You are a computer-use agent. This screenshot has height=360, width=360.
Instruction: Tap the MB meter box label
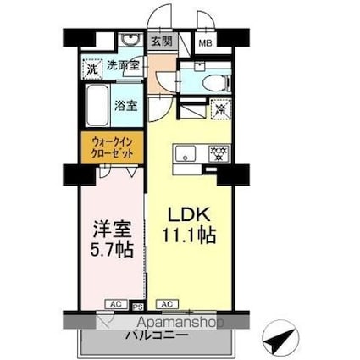pos(205,42)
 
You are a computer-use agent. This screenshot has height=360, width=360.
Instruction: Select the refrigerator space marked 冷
pos(220,108)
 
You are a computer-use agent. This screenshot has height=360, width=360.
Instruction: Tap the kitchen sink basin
pos(185,153)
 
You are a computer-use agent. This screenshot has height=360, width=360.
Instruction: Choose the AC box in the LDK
pos(166,302)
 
